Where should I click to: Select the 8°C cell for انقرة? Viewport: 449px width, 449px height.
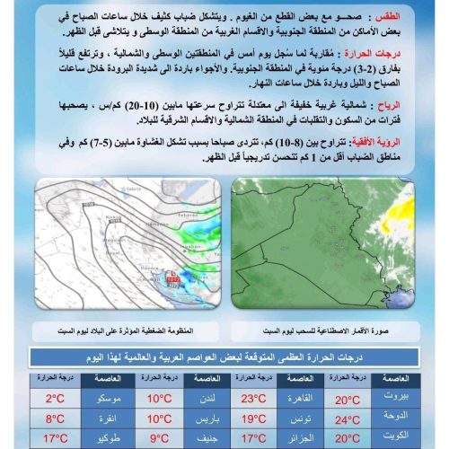pos(56,418)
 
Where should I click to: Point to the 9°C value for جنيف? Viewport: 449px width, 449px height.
pos(160,438)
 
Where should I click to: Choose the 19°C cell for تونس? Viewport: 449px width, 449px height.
pos(251,418)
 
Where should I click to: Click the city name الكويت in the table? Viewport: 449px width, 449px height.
pos(401,438)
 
